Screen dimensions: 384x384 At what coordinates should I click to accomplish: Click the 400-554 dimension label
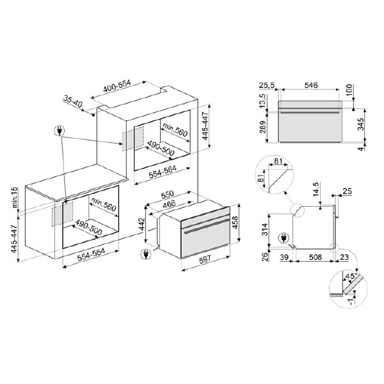[117, 86]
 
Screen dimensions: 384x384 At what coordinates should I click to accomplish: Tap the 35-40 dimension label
[72, 101]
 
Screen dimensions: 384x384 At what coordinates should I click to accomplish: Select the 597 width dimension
[205, 259]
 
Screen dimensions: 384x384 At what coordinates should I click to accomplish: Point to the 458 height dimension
[235, 222]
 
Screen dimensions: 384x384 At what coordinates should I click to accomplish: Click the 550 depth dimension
[168, 195]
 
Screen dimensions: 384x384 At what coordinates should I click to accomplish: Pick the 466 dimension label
[170, 204]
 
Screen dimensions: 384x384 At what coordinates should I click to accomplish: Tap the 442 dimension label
[141, 225]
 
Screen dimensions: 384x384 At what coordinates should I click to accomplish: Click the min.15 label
[15, 197]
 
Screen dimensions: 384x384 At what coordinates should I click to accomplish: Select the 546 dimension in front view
[311, 85]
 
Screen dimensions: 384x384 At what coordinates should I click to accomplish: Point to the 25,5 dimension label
[267, 85]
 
